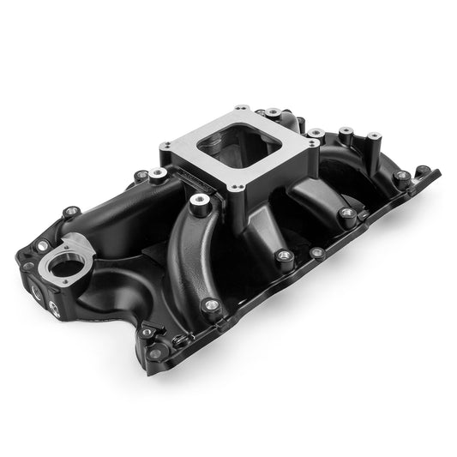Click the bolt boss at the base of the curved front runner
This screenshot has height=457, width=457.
tap(210, 305)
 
